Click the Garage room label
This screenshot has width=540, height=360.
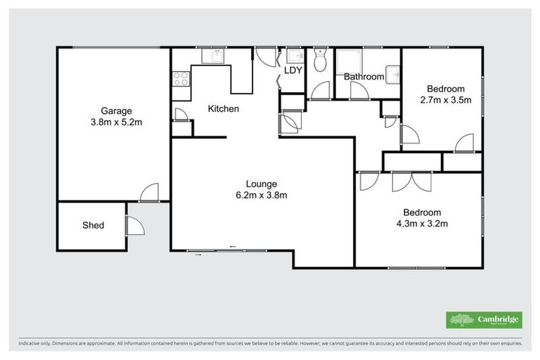(x=116, y=110)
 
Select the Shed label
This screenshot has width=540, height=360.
(x=93, y=225)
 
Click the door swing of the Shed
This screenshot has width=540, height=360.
(x=134, y=225)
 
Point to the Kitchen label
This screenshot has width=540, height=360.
(x=224, y=109)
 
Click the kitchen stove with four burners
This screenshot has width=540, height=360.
(x=180, y=78)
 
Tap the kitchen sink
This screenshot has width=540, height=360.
(x=211, y=56)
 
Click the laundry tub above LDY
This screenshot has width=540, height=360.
(x=295, y=56)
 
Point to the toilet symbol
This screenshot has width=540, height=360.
(x=321, y=61)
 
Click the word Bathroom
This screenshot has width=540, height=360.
(x=363, y=77)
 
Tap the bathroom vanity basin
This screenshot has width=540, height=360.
(x=394, y=73)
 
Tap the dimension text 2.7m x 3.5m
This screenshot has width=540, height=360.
(x=445, y=100)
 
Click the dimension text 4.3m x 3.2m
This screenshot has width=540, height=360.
(x=421, y=224)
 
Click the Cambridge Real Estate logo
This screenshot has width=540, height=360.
(x=484, y=319)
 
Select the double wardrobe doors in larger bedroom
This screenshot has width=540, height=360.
(x=411, y=181)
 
